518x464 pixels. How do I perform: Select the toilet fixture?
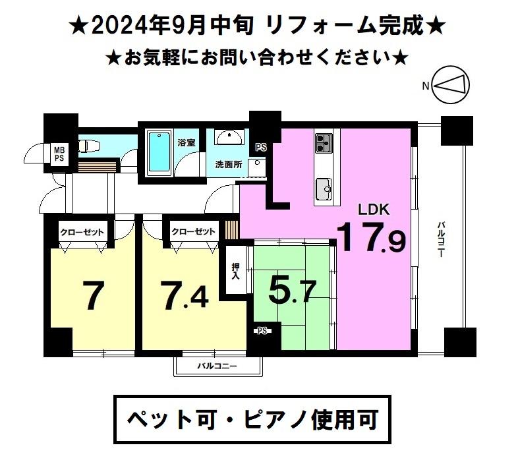point(88,146)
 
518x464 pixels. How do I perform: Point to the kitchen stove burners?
point(324,143)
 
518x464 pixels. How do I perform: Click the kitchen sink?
point(324,189)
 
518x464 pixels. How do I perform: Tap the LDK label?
point(374,210)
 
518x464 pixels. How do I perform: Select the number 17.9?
point(371,237)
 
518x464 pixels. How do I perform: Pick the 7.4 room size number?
point(185,295)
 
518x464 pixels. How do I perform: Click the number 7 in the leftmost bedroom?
point(94,295)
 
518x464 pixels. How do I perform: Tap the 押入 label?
point(235,271)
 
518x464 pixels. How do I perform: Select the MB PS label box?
point(59,154)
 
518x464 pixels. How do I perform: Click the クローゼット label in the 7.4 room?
point(193,231)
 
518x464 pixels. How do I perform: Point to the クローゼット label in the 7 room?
point(82,232)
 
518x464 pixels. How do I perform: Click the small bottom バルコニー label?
point(217,366)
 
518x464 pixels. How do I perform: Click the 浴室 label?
point(187,143)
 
